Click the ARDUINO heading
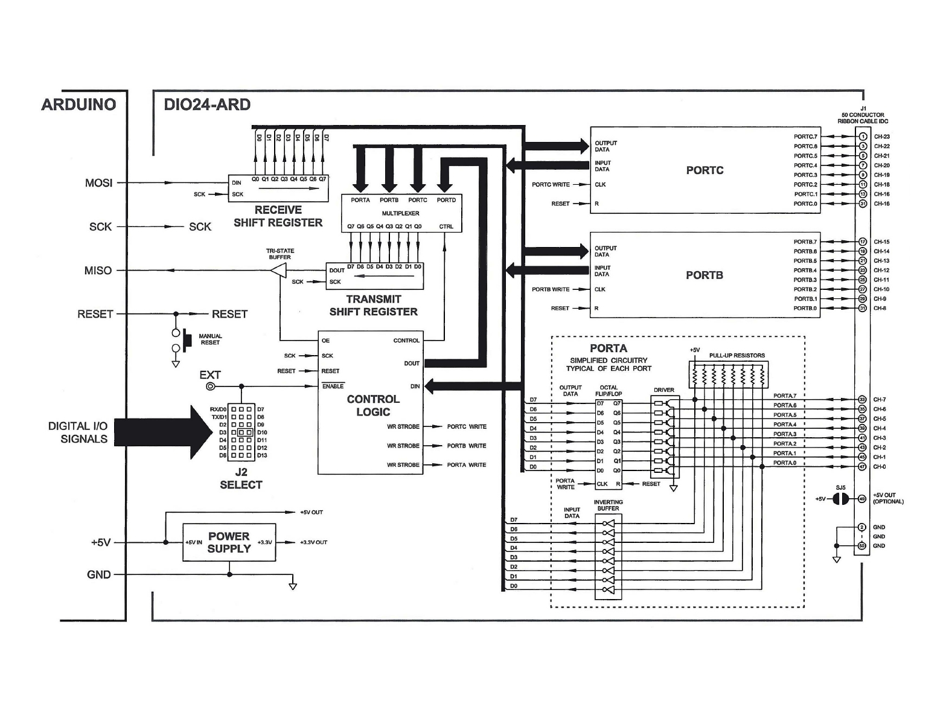pos(78,104)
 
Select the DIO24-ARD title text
pos(207,104)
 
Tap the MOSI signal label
pos(98,183)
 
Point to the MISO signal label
pos(98,271)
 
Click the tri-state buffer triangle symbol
pos(278,271)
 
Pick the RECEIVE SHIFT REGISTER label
pos(278,216)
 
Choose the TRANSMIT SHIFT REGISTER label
pos(374,305)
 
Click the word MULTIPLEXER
pos(400,213)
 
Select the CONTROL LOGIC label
pos(373,405)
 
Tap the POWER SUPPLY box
pos(229,542)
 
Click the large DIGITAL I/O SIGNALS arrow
pos(164,432)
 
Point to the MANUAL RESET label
pos(210,339)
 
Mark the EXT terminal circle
pos(211,386)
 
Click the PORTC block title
pos(705,170)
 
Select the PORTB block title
pos(705,275)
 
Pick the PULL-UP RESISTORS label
pos(737,355)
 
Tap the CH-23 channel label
pos(882,136)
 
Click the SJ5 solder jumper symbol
pos(841,499)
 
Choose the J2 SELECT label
pos(241,478)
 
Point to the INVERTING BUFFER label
pos(609,505)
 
